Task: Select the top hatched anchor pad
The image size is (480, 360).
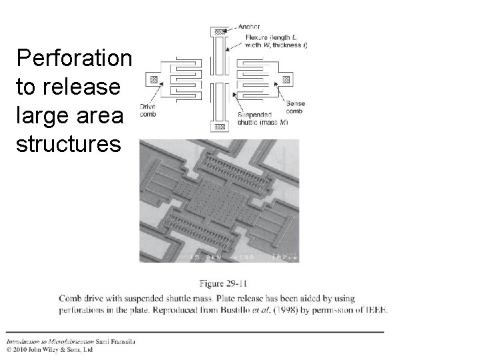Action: pos(219,32)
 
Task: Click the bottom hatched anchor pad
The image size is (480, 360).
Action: pos(219,126)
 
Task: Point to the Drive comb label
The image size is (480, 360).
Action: pos(149,111)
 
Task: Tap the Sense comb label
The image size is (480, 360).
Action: pos(295,107)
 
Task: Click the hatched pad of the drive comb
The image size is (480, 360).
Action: pos(154,79)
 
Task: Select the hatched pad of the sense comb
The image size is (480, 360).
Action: pos(285,79)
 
